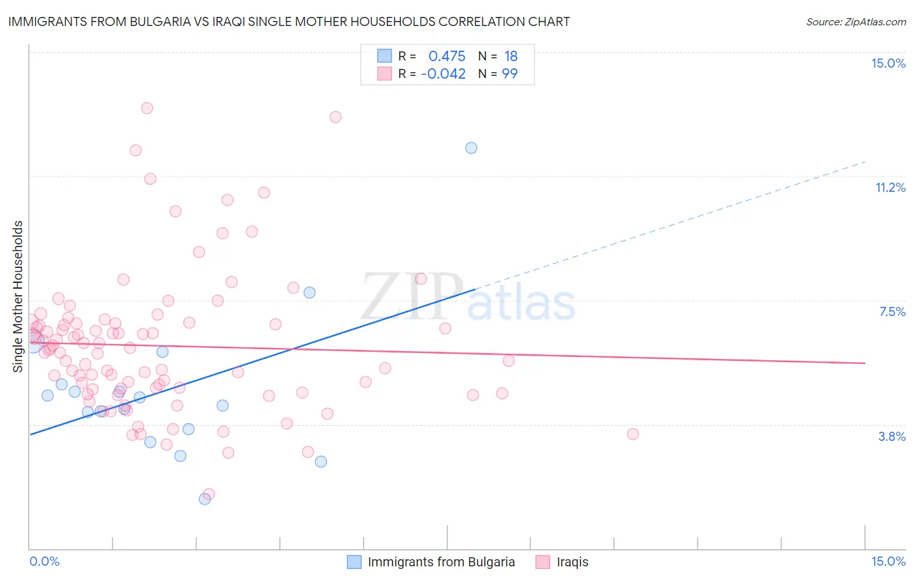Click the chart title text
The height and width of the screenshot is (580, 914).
click(x=289, y=21)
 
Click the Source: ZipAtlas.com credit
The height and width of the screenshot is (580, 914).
click(x=855, y=22)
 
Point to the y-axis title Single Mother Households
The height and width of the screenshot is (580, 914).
click(x=18, y=297)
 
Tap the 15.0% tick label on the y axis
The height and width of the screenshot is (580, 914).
click(x=888, y=63)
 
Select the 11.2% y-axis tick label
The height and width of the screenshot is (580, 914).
click(x=890, y=187)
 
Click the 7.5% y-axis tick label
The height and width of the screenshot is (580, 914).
click(x=892, y=311)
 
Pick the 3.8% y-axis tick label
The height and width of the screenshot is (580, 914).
click(x=892, y=436)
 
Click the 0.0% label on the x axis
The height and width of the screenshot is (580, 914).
click(x=44, y=561)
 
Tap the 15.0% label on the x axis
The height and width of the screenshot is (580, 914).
click(x=888, y=561)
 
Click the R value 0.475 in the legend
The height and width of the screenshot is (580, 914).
click(x=447, y=56)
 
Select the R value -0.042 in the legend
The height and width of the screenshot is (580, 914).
click(x=443, y=73)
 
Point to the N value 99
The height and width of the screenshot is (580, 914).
click(x=510, y=73)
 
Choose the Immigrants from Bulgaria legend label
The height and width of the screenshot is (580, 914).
click(x=441, y=562)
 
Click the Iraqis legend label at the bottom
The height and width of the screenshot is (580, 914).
click(x=572, y=562)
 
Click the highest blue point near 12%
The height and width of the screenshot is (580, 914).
click(x=471, y=148)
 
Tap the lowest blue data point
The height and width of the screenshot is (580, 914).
click(x=205, y=499)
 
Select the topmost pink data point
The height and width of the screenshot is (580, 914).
click(x=147, y=108)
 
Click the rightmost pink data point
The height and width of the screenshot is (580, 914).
click(x=633, y=434)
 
